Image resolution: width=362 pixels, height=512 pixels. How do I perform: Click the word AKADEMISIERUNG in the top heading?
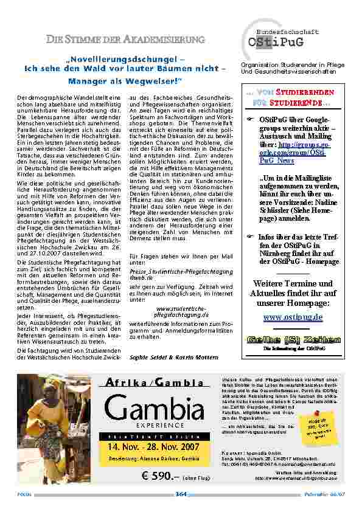tap(164, 40)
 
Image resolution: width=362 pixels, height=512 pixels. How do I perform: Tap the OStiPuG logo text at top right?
tap(274, 43)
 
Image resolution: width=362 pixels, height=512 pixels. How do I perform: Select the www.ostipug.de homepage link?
tap(293, 317)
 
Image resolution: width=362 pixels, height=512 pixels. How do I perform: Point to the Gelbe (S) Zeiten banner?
tap(293, 339)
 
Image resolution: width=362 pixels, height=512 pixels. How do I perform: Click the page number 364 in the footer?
tap(181, 494)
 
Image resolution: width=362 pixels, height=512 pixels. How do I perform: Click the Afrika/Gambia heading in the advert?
tap(155, 382)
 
